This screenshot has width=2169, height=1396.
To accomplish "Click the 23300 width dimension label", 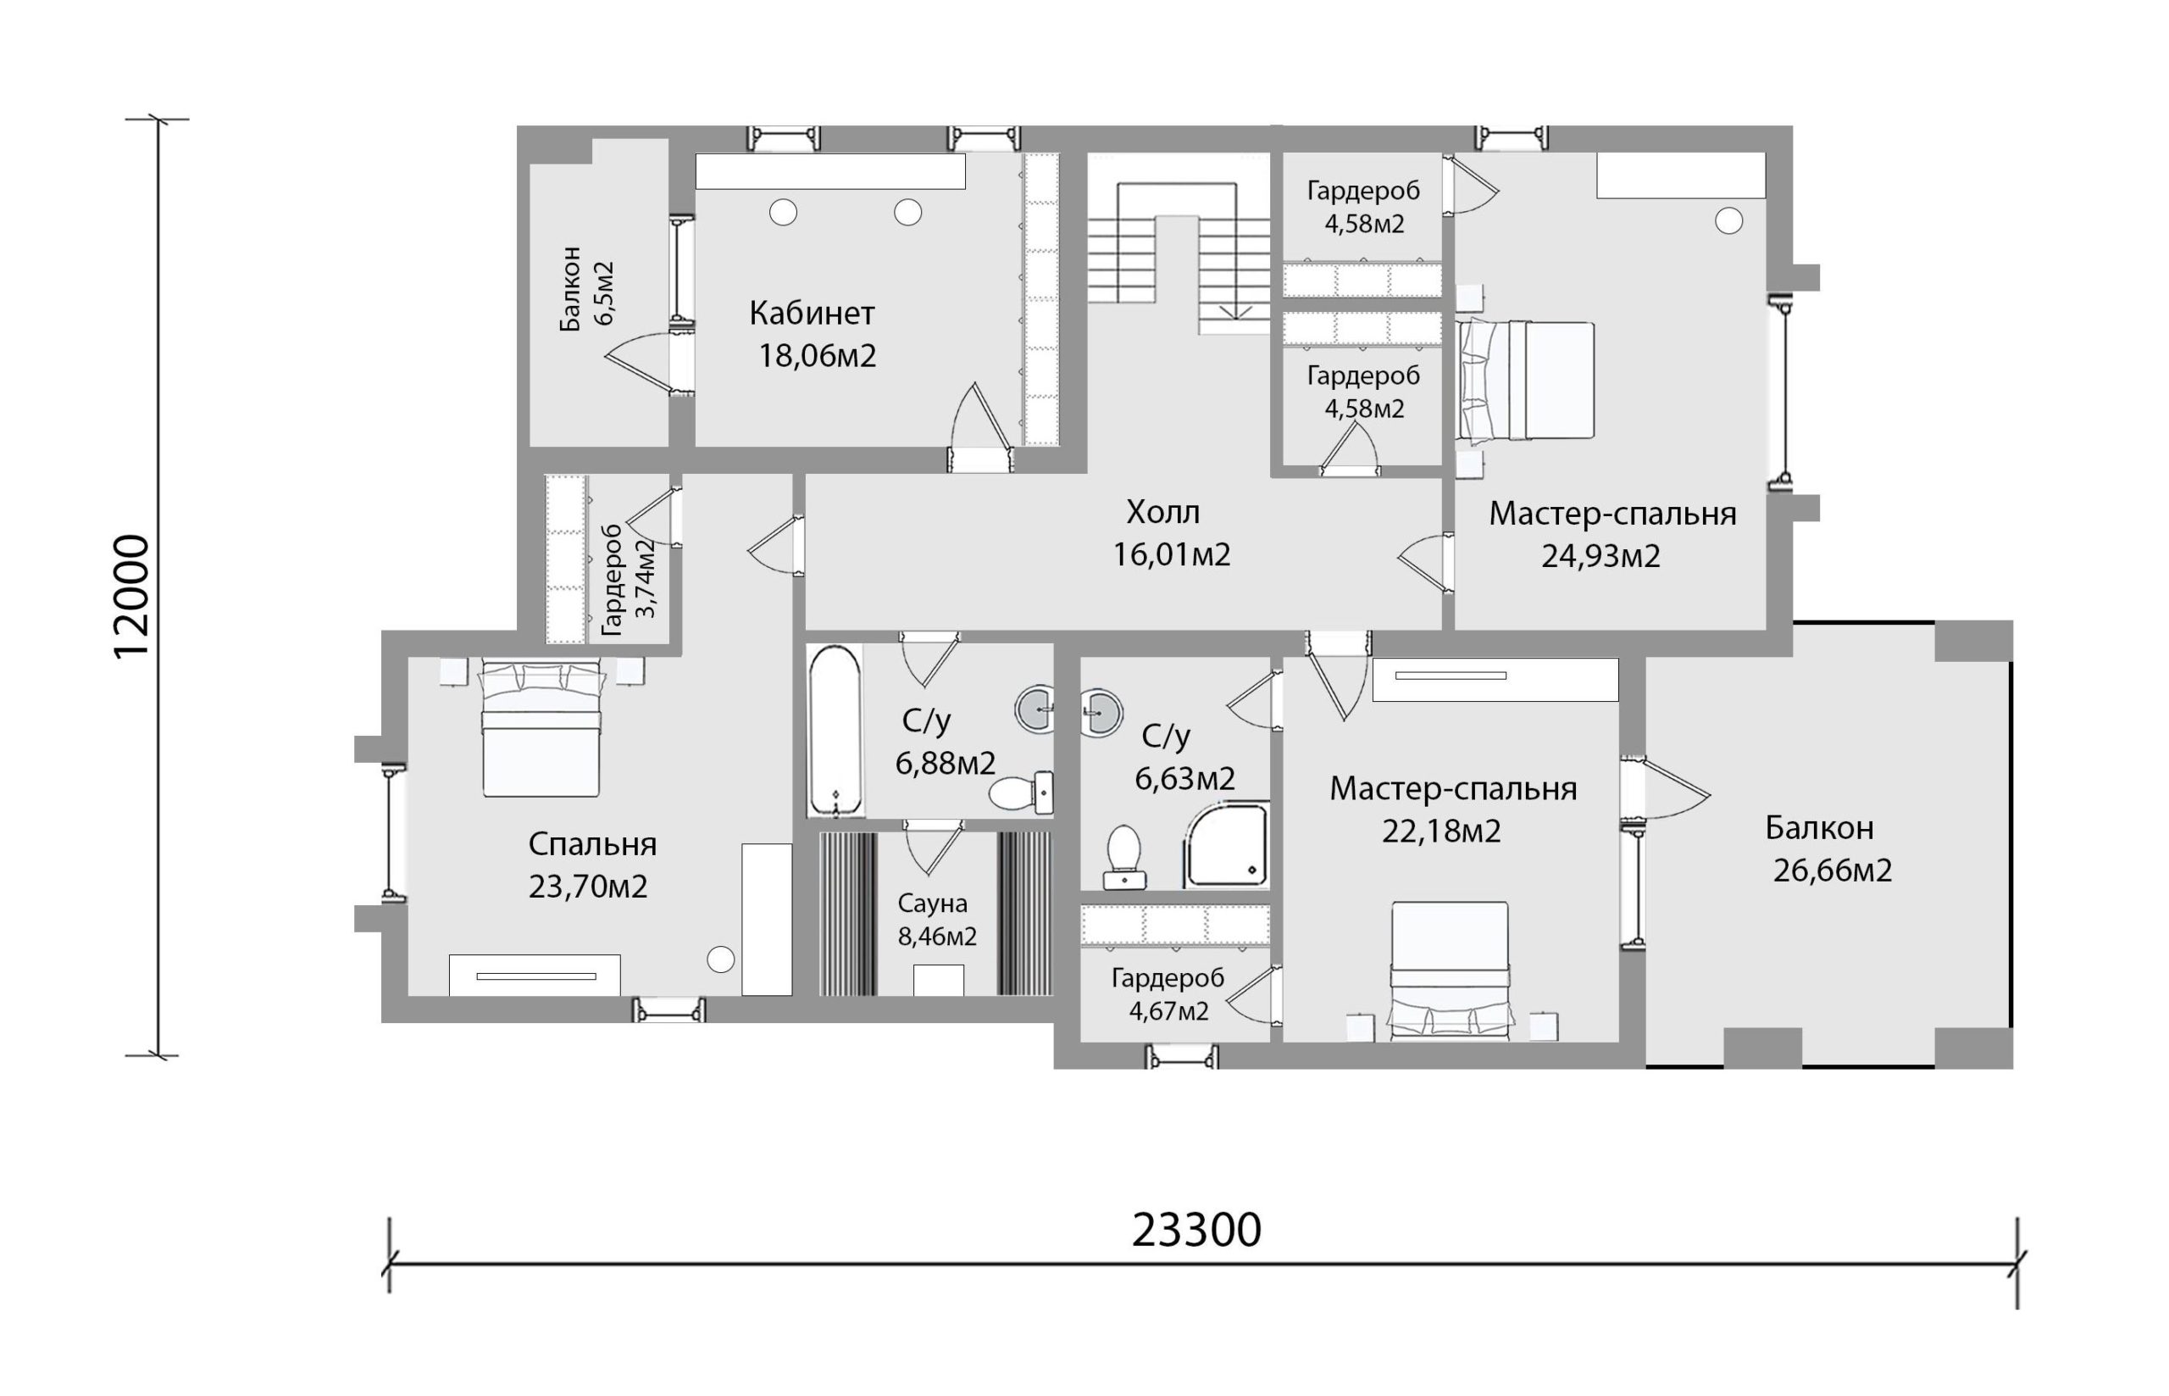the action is coord(1196,1231).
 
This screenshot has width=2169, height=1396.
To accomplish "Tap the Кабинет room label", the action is coord(812,314).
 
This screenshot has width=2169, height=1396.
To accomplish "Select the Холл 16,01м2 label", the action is coord(1171,533).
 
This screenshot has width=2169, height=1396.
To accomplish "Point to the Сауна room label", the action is coord(932,904).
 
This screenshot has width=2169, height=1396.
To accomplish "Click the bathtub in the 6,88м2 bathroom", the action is coord(834,731).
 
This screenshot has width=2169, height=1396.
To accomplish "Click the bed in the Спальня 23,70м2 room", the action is coord(541,729).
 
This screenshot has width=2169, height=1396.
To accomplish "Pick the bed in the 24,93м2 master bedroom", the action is coord(1526,381).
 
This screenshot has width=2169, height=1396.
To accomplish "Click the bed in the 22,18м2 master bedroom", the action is coord(1450,971).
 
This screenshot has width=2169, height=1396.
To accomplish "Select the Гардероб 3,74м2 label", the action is coord(628,579).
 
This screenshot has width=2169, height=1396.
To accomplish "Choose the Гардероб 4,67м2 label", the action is coord(1168,994).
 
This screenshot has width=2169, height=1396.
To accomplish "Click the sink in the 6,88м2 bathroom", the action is coord(1035,709).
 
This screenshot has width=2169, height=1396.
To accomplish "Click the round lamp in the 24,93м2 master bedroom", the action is coord(1728,221).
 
